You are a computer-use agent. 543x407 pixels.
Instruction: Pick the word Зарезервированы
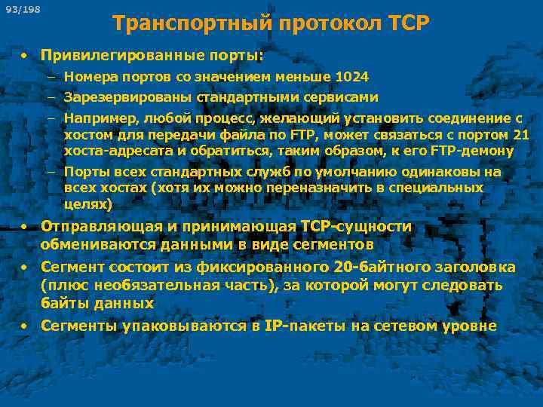tap(128, 97)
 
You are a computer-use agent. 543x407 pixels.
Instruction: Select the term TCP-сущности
tap(356, 227)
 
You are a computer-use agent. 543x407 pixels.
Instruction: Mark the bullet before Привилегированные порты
tap(25, 56)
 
